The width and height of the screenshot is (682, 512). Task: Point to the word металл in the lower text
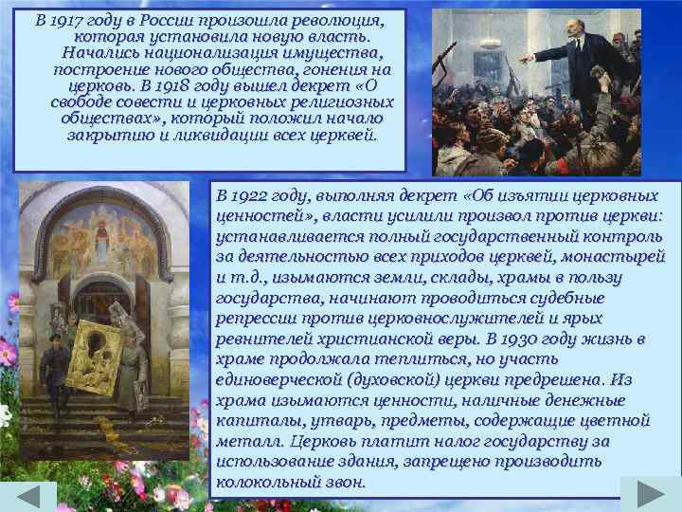click(x=244, y=443)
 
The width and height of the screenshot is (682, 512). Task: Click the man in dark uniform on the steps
click(x=55, y=356)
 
